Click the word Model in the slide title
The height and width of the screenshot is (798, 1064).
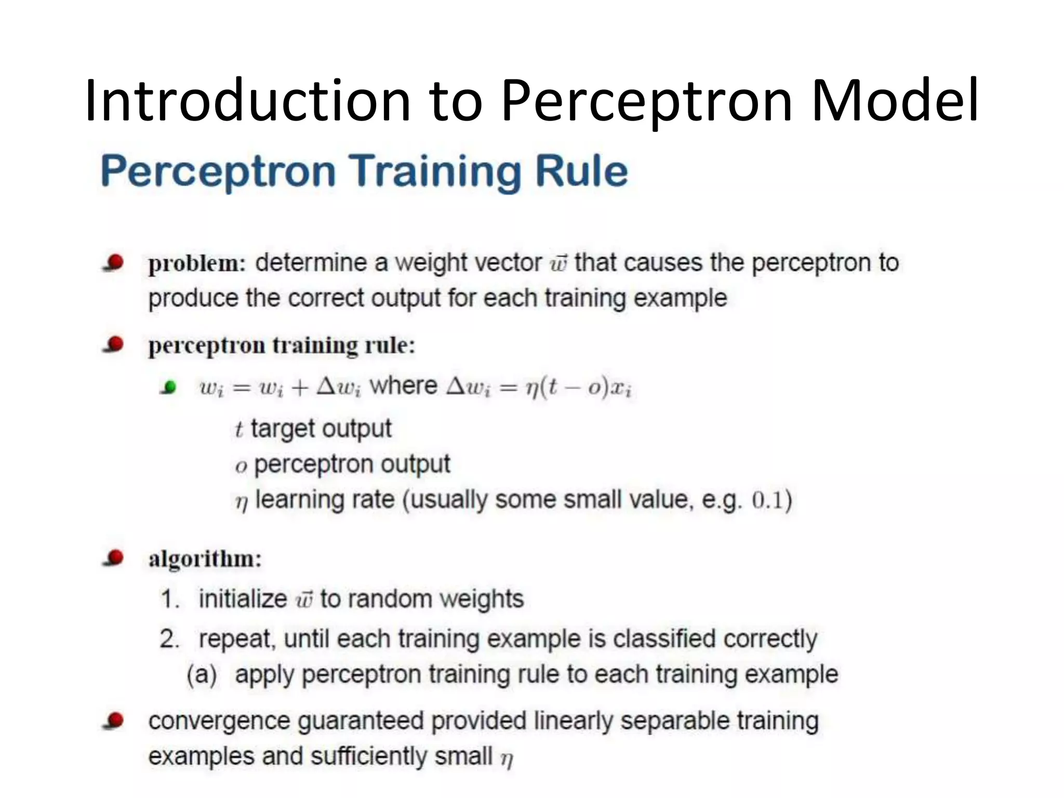(x=895, y=100)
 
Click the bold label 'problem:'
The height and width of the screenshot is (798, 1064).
(x=197, y=263)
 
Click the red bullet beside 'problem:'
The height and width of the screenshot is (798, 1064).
(x=114, y=262)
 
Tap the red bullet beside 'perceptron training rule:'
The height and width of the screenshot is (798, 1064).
(x=114, y=344)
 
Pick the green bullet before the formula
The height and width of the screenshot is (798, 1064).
(x=169, y=387)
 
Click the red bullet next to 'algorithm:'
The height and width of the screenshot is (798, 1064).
(x=114, y=558)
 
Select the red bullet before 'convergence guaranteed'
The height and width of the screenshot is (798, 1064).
(x=114, y=721)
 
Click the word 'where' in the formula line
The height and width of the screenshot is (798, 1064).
(x=403, y=386)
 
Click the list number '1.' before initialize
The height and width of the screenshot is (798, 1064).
(x=169, y=599)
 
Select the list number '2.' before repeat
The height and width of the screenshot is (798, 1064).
(x=169, y=639)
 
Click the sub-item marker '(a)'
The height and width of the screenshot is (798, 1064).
(x=202, y=675)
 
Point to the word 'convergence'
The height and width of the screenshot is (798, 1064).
(x=219, y=722)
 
